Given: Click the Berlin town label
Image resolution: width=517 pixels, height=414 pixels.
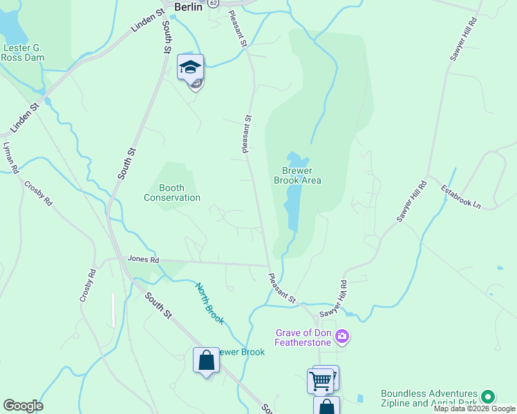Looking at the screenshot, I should (188, 7).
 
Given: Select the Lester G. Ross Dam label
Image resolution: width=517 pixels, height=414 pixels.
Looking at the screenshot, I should (24, 52).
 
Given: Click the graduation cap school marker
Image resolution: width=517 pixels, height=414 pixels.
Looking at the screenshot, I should (190, 67).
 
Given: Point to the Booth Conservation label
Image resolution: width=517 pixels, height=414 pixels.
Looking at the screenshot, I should (172, 193).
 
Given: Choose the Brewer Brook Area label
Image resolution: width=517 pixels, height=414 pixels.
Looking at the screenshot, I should (301, 175).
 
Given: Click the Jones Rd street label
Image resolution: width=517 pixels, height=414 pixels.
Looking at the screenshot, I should (143, 259).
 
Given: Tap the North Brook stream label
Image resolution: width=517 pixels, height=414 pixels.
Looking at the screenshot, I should (209, 299).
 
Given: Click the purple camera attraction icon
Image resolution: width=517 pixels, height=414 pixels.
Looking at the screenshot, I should (342, 337).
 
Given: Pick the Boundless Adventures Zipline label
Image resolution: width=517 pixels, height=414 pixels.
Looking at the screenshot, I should (429, 397).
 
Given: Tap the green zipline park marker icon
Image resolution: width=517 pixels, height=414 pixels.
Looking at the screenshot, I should (488, 397).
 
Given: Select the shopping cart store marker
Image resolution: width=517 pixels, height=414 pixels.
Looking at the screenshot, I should (320, 380).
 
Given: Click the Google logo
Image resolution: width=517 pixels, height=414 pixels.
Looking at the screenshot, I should (23, 406).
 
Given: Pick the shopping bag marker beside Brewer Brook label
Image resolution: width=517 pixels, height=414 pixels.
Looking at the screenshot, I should (206, 360).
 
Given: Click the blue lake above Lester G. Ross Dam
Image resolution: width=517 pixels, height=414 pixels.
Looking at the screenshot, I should (10, 28).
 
